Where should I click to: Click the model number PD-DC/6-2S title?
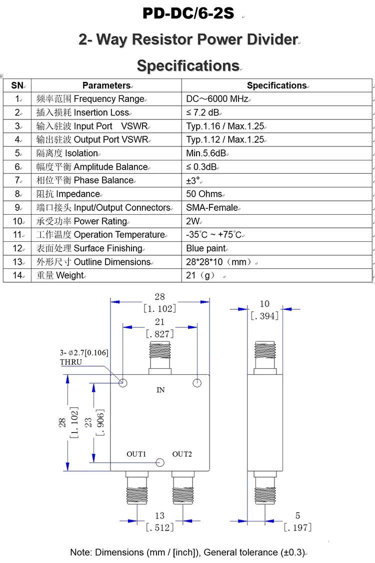(x=188, y=13)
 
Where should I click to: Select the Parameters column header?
(x=106, y=85)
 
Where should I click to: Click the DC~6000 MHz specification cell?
(x=217, y=99)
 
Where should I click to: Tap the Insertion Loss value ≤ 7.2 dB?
(x=203, y=112)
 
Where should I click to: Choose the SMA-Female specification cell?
(x=212, y=207)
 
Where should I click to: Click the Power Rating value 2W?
(x=193, y=221)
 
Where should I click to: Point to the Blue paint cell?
(x=206, y=248)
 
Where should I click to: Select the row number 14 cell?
(x=17, y=275)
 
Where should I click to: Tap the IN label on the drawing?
(x=160, y=390)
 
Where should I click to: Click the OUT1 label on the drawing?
(x=136, y=454)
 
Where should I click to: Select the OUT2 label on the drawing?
(x=182, y=454)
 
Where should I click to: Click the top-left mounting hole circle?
(x=123, y=383)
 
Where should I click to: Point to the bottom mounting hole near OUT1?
(x=160, y=462)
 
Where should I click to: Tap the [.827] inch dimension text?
(x=160, y=334)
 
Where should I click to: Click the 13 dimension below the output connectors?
(x=159, y=516)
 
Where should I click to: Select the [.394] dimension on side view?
(x=264, y=315)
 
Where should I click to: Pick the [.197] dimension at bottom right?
(x=297, y=527)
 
